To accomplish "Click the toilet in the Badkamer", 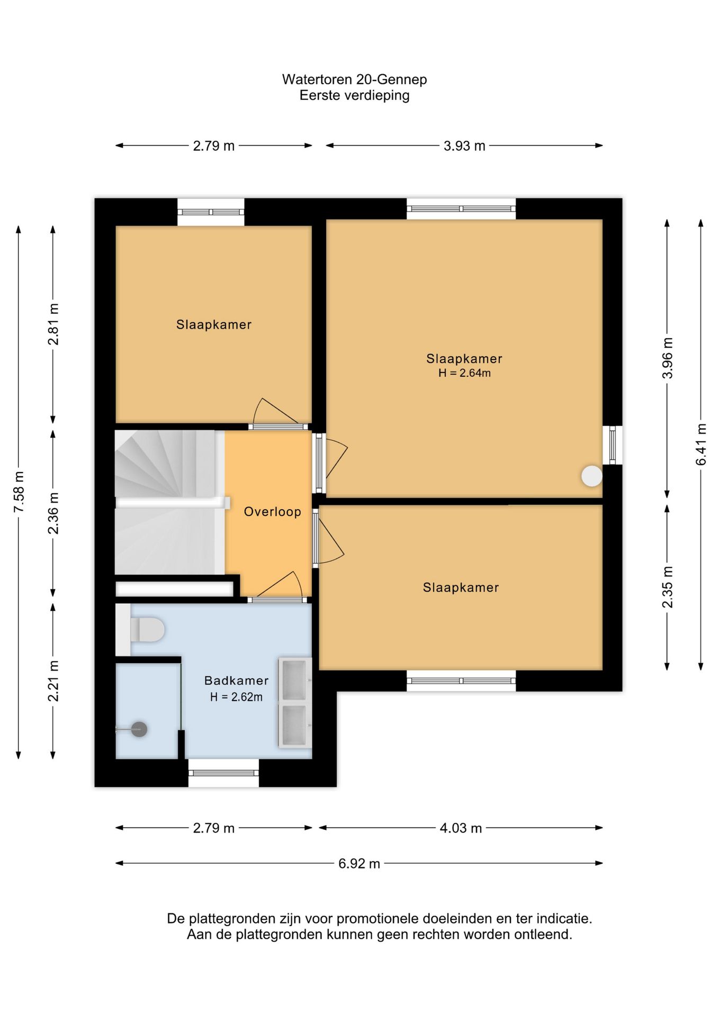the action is (x=147, y=630).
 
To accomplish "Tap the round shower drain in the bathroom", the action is (x=139, y=729).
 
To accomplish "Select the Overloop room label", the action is (x=272, y=512).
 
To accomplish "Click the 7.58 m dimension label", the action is (x=19, y=492).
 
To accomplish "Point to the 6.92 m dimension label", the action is (x=359, y=863).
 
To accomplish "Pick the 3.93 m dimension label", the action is (x=464, y=146).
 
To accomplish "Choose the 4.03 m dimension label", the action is (x=461, y=828).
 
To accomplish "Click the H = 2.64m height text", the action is (x=464, y=373).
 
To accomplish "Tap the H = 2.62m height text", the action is (x=236, y=697).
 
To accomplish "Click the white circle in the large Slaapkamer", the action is (x=591, y=476).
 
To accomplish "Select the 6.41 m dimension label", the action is (x=701, y=444).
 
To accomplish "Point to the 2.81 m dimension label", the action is (x=53, y=324).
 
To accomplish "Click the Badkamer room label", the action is (x=236, y=681).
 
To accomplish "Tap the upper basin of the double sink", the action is (x=294, y=679).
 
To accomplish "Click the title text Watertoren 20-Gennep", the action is (x=354, y=79).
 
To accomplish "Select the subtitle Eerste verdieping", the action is (x=354, y=96).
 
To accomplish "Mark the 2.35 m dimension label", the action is (x=668, y=587).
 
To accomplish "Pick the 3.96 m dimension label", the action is (x=668, y=358).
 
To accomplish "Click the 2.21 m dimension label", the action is (x=53, y=681).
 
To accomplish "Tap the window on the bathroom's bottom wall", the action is (x=224, y=773).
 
